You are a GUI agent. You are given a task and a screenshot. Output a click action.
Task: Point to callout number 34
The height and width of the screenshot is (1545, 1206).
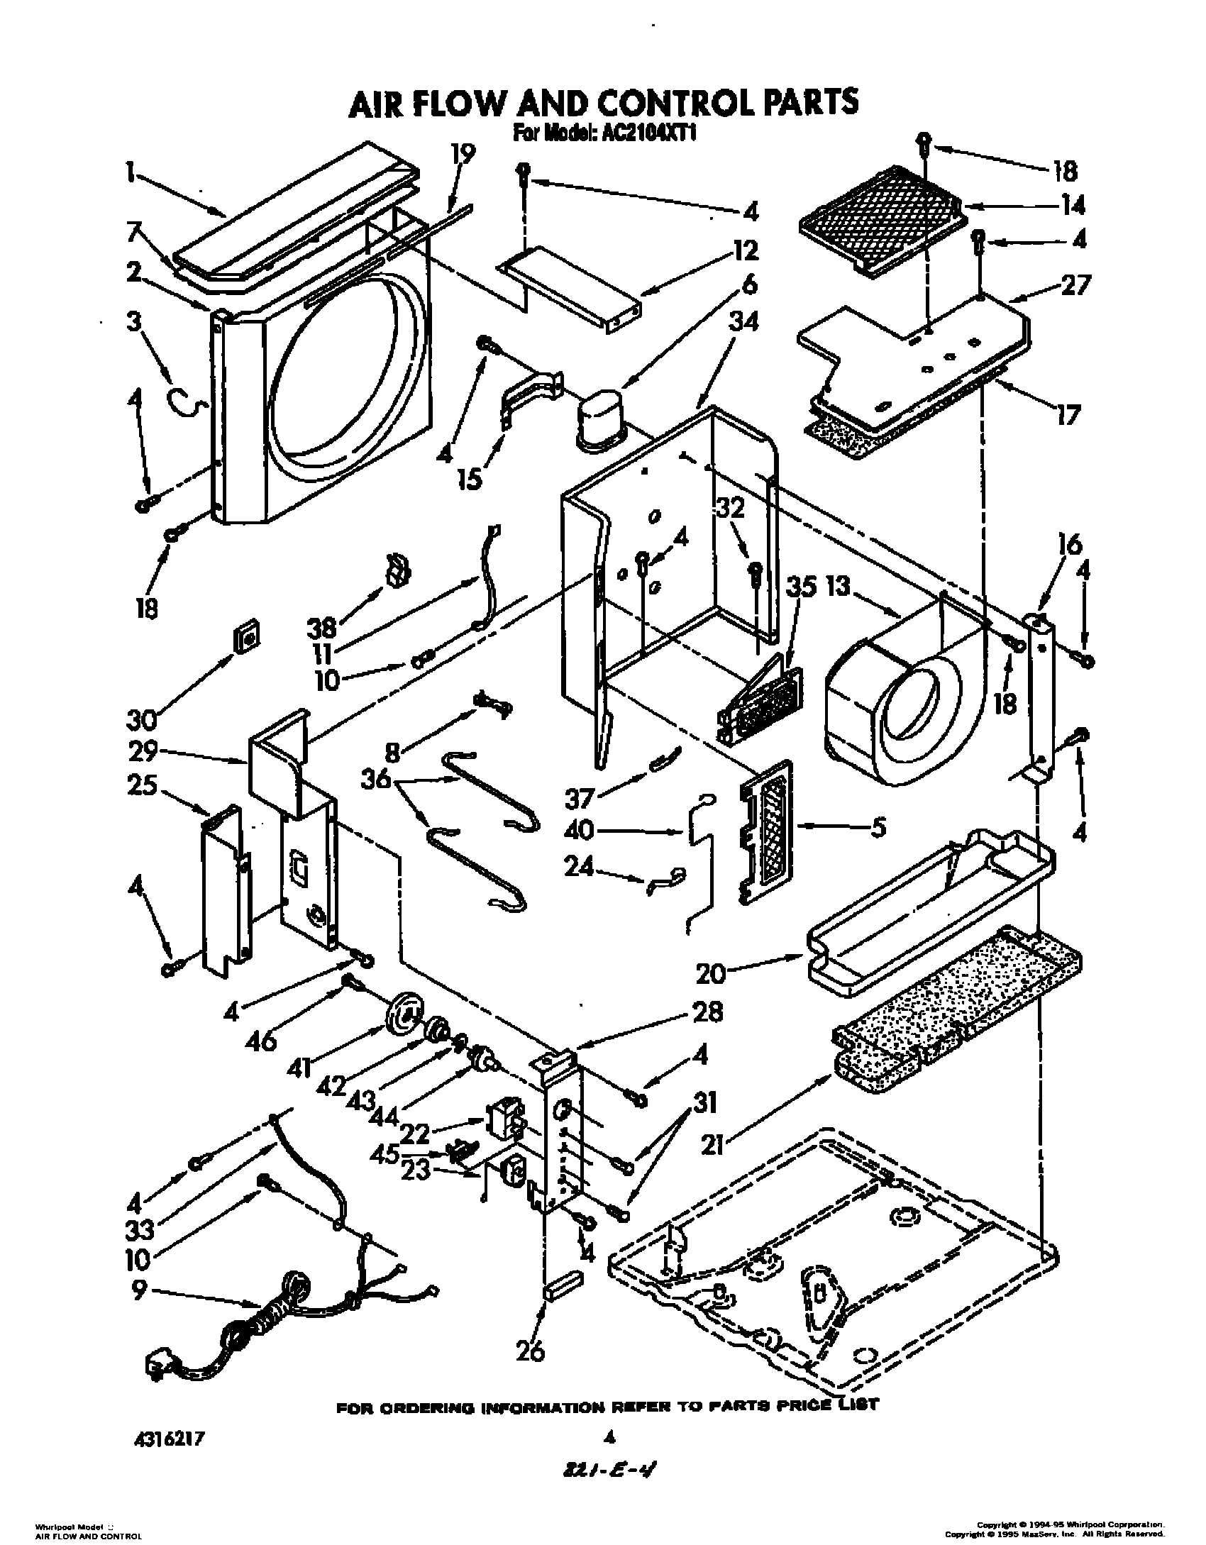tap(743, 323)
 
